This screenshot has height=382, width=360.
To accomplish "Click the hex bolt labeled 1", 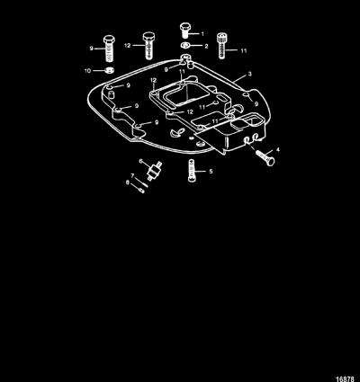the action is pyautogui.click(x=185, y=31).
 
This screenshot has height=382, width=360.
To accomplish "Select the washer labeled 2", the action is pyautogui.click(x=185, y=46).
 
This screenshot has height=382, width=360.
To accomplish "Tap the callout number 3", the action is pyautogui.click(x=250, y=74).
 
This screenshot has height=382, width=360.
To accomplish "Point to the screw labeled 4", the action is pyautogui.click(x=265, y=156).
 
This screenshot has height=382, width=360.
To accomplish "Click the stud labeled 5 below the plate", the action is pyautogui.click(x=192, y=170).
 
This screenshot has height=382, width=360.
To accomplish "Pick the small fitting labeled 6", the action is pyautogui.click(x=155, y=171).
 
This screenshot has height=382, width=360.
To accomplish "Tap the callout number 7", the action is pyautogui.click(x=132, y=175).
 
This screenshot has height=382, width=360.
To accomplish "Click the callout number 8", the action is pyautogui.click(x=128, y=182).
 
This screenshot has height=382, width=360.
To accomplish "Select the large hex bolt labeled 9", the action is pyautogui.click(x=110, y=48).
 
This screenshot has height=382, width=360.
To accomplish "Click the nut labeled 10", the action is pyautogui.click(x=110, y=71).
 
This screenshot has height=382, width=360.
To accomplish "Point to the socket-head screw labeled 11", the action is pyautogui.click(x=221, y=45).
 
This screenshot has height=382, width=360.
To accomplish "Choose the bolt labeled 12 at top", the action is pyautogui.click(x=148, y=46).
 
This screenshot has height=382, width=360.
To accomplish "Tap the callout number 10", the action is pyautogui.click(x=87, y=71).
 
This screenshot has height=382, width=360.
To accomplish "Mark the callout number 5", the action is pyautogui.click(x=211, y=171).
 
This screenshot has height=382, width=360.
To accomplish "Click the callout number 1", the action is pyautogui.click(x=202, y=33).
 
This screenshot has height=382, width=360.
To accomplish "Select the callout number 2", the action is pyautogui.click(x=206, y=46).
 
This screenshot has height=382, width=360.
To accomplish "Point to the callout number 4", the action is pyautogui.click(x=278, y=149).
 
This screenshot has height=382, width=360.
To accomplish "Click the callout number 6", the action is pyautogui.click(x=141, y=161).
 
